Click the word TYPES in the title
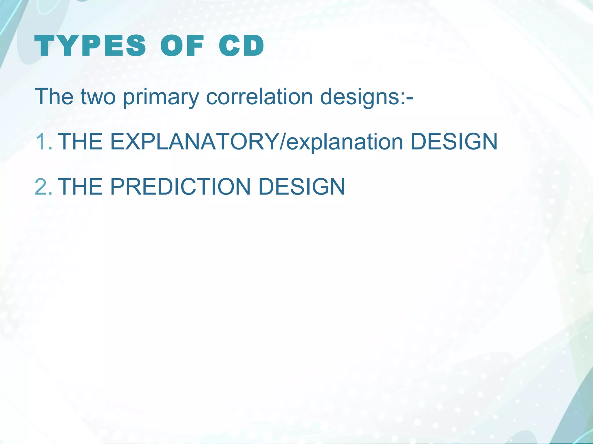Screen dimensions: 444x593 click(x=90, y=46)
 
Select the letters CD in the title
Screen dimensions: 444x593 click(x=241, y=46)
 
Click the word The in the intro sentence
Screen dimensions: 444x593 click(x=54, y=96)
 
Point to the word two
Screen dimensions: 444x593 click(x=98, y=96)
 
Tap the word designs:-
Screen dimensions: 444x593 click(x=366, y=97)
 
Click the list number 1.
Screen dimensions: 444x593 click(x=43, y=142)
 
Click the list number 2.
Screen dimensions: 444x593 click(x=43, y=187)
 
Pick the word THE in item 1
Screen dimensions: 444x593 click(x=80, y=142)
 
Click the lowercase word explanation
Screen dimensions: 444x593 click(x=345, y=142)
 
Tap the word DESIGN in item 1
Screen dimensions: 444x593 click(x=454, y=142)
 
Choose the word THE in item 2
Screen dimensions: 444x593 click(x=80, y=187)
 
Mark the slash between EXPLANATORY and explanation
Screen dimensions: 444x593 click(x=282, y=142)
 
